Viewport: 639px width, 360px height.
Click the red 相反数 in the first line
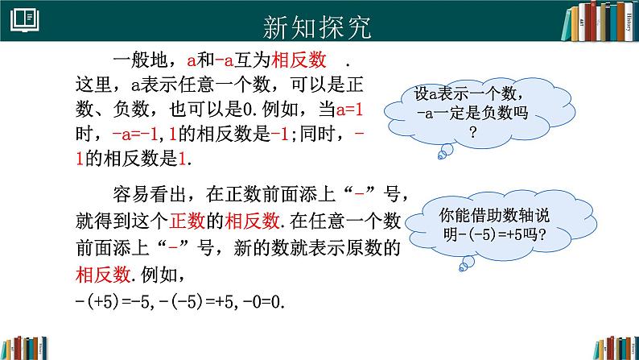[299, 61]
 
